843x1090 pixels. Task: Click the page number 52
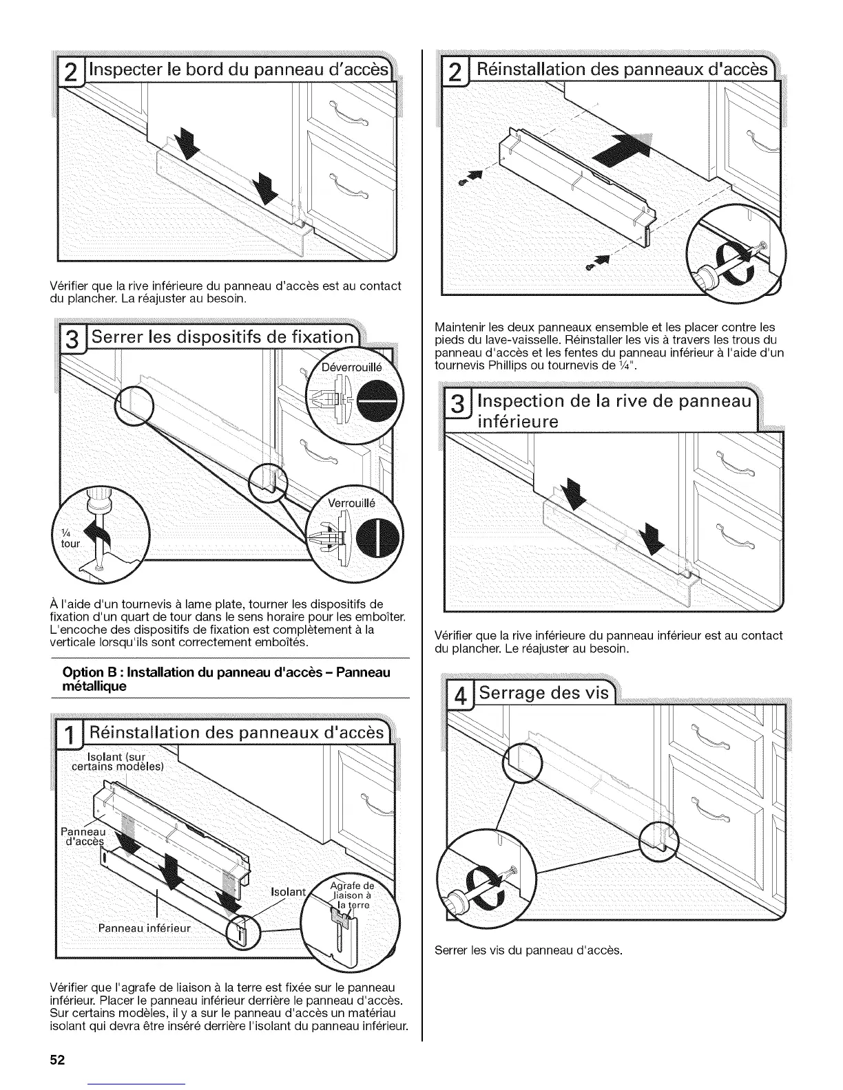[x=56, y=1060]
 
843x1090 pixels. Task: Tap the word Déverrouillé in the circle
[x=354, y=367]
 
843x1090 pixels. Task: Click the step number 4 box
[x=457, y=694]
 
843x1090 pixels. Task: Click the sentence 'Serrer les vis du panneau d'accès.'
[x=528, y=951]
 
